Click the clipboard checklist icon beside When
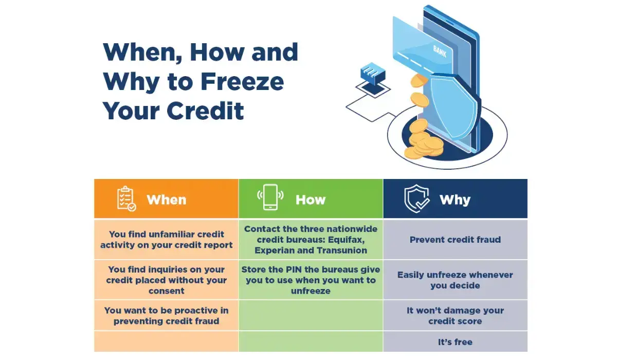[x=126, y=199]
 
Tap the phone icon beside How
[x=270, y=198]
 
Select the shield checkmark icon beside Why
[x=416, y=199]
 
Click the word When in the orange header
[x=166, y=200]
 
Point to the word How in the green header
[x=311, y=200]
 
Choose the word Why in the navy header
[x=455, y=200]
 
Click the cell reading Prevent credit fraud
[x=455, y=240]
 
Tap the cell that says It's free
[x=455, y=342]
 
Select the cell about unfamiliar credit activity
[x=166, y=240]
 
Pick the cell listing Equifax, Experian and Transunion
[x=311, y=240]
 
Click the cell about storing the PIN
[x=311, y=280]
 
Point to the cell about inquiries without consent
[x=166, y=280]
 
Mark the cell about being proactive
[x=166, y=316]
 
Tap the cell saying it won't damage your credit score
[x=455, y=316]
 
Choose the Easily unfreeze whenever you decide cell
[x=455, y=280]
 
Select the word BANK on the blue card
[x=440, y=50]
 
